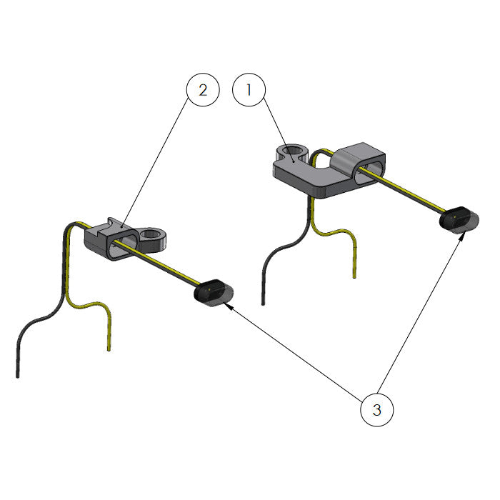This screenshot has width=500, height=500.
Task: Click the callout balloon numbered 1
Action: point(249,89)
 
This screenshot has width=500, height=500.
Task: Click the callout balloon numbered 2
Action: point(203,89)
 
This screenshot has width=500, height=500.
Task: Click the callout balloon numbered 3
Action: point(377,410)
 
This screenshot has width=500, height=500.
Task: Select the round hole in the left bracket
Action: point(151,234)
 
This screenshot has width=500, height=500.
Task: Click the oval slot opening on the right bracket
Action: point(367,173)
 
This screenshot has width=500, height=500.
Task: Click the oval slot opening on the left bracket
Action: point(123,245)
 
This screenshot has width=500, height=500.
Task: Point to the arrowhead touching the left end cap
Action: point(229,306)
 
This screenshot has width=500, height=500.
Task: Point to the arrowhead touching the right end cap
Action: point(462,236)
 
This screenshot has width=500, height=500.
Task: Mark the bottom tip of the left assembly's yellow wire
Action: point(109,350)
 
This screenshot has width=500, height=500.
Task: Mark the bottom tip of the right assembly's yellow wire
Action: point(354,277)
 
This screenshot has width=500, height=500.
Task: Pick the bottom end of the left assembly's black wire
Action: point(18,376)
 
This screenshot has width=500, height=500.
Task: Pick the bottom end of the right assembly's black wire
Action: point(263,304)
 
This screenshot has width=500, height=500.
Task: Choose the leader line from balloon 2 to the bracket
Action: point(156,164)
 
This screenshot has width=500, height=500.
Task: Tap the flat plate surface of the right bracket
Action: point(306,172)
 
